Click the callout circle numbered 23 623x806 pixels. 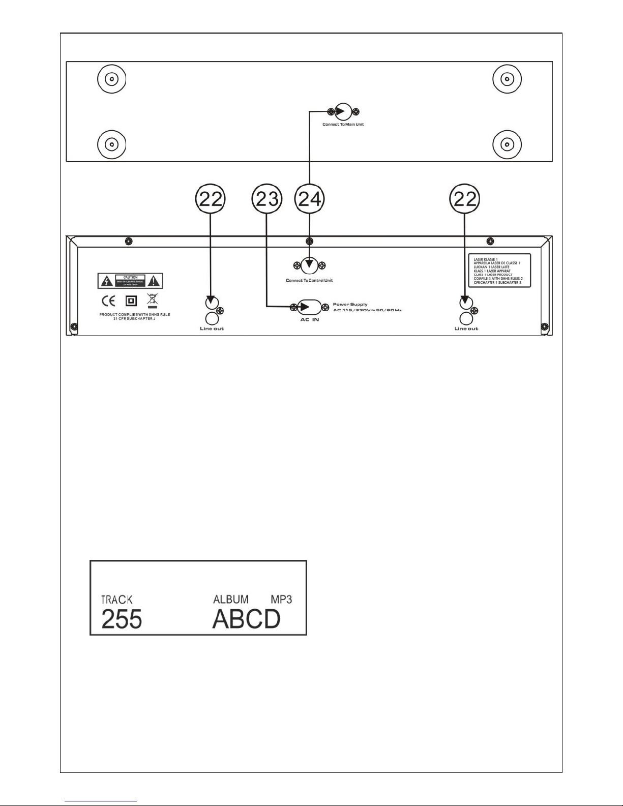pyautogui.click(x=266, y=199)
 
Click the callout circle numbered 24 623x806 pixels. pyautogui.click(x=310, y=199)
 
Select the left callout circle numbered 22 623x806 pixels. pyautogui.click(x=210, y=199)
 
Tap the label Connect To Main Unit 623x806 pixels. pyautogui.click(x=343, y=125)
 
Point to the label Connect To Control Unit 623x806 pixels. pyautogui.click(x=309, y=281)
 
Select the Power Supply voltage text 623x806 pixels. pyautogui.click(x=367, y=310)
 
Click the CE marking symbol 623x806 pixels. pyautogui.click(x=108, y=301)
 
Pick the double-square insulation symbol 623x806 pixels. pyautogui.click(x=131, y=301)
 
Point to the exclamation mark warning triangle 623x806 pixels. pyautogui.click(x=155, y=280)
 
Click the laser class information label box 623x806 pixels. pyautogui.click(x=499, y=271)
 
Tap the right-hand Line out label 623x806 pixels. pyautogui.click(x=466, y=329)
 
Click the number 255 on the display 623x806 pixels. pyautogui.click(x=122, y=619)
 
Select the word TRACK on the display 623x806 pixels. pyautogui.click(x=116, y=600)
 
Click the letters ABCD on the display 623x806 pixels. pyautogui.click(x=246, y=619)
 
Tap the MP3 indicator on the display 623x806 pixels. pyautogui.click(x=281, y=599)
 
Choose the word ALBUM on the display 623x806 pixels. pyautogui.click(x=231, y=600)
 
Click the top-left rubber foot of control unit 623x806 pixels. pyautogui.click(x=111, y=79)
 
